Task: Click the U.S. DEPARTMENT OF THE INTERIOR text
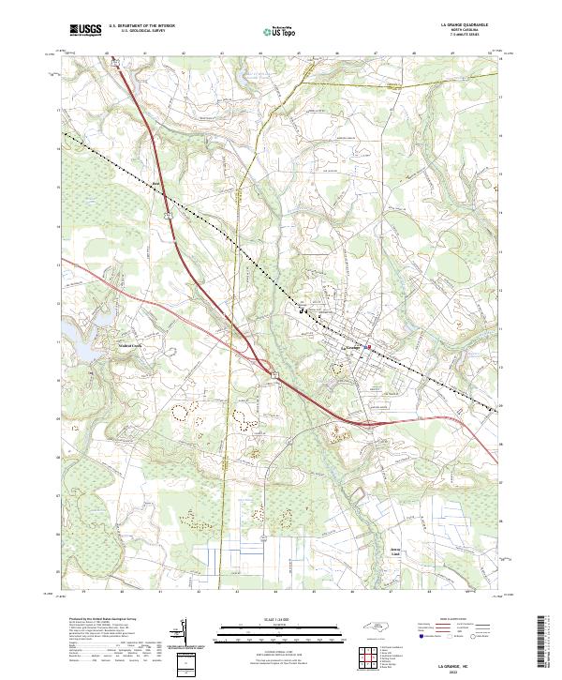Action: point(141,26)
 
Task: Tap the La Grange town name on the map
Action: point(352,348)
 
